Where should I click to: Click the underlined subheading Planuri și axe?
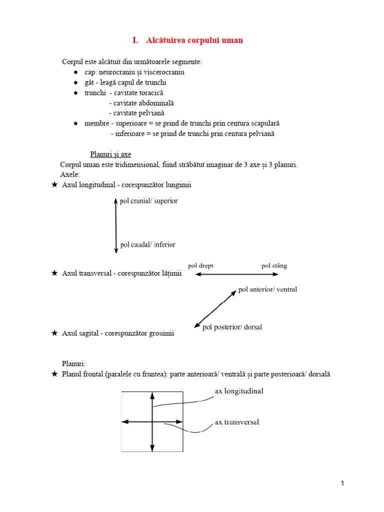(110, 154)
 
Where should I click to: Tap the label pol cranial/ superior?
(149, 201)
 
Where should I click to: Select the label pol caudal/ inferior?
(148, 245)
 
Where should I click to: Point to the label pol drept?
(200, 265)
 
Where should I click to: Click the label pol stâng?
(274, 265)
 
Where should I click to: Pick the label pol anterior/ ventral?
(268, 289)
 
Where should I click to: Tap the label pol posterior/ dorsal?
(232, 327)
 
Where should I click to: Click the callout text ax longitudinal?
(239, 391)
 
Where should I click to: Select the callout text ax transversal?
(237, 422)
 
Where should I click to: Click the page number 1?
(342, 483)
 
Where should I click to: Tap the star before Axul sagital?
(54, 333)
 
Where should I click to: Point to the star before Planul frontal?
(54, 374)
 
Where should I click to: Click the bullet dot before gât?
(75, 82)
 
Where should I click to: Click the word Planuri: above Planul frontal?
(74, 363)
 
